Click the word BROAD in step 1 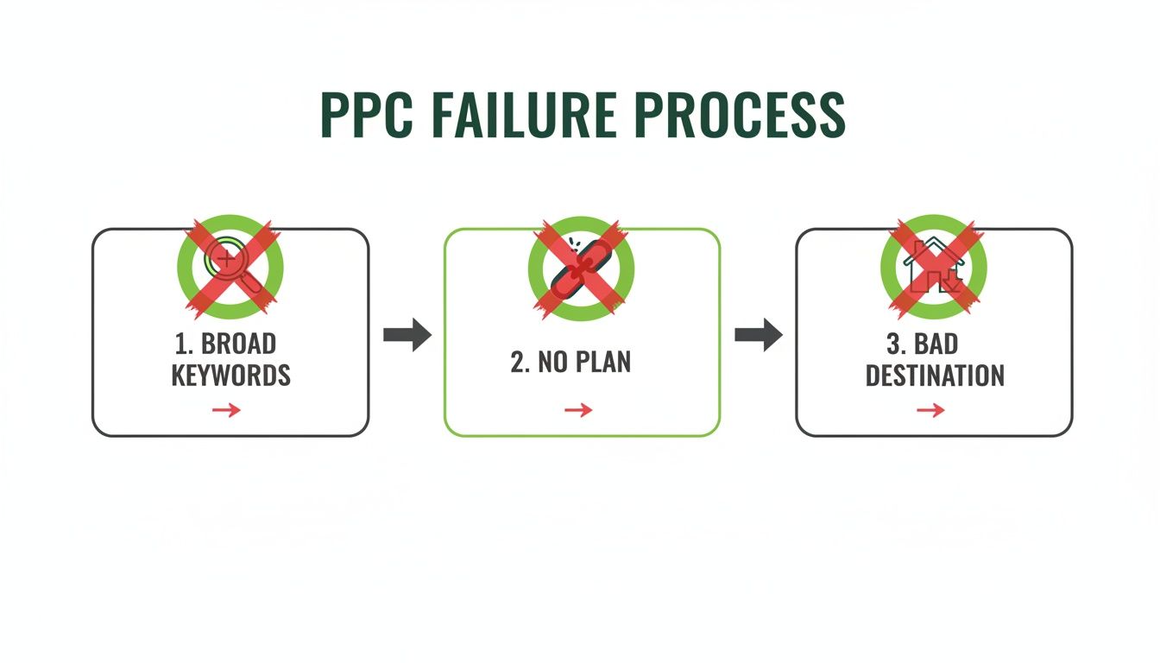click(x=238, y=344)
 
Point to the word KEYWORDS click(x=230, y=376)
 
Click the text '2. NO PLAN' click(x=571, y=362)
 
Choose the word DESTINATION click(x=935, y=376)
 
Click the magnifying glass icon click(x=228, y=263)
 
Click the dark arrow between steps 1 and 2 click(x=407, y=335)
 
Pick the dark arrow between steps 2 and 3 click(x=758, y=335)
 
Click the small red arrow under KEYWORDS click(x=226, y=410)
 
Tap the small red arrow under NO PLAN click(x=578, y=410)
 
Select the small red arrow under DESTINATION click(x=930, y=410)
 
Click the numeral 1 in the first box click(x=181, y=344)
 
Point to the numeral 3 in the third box click(x=893, y=344)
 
